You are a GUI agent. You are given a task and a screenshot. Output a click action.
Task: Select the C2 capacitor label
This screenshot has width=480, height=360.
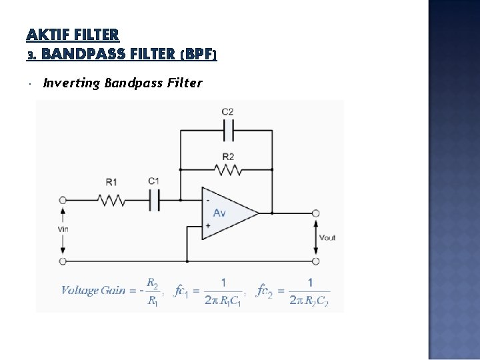(x=227, y=111)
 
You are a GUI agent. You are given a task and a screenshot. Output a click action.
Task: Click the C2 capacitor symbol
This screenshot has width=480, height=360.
(x=228, y=131)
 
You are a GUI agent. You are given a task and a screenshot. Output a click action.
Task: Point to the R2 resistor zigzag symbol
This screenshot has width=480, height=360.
(x=228, y=170)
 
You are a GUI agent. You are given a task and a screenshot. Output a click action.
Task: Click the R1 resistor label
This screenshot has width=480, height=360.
(x=111, y=181)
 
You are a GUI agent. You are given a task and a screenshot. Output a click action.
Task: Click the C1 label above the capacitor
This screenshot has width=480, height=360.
(x=153, y=181)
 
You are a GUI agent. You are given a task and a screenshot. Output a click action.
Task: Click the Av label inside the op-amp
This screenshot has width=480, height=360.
(x=219, y=213)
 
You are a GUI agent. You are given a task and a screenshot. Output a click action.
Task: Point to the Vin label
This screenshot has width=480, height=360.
(x=63, y=229)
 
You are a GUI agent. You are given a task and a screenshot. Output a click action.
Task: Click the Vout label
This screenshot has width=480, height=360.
(x=327, y=237)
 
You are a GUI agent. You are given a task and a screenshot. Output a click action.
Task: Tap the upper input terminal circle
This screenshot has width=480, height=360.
(x=63, y=199)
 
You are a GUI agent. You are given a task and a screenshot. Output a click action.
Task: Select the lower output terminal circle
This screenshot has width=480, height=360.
(x=315, y=261)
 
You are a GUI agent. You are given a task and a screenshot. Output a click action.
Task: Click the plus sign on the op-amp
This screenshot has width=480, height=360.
(x=207, y=225)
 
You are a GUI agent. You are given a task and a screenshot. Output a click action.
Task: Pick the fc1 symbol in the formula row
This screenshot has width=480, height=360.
(x=181, y=290)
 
